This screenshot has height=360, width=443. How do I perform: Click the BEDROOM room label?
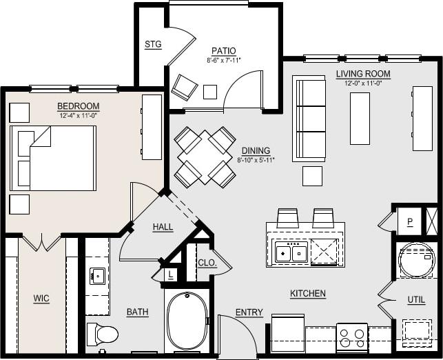(x=78, y=106)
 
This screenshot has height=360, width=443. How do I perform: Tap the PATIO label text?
(x=223, y=51)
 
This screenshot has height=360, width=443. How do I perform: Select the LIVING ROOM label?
(x=363, y=74)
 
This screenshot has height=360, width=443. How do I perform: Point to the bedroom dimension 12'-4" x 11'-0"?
(x=78, y=115)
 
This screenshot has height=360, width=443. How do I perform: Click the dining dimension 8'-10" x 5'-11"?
(x=256, y=160)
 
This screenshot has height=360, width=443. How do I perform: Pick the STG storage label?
(x=152, y=44)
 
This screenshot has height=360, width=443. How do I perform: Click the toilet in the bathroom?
(x=103, y=334)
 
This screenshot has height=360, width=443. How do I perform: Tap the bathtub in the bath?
(x=186, y=320)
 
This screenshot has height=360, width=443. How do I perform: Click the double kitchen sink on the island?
(x=290, y=252)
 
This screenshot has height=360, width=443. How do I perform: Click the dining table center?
(x=205, y=157)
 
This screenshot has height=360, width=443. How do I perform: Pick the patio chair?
(x=185, y=87)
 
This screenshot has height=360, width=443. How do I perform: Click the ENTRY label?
(x=249, y=312)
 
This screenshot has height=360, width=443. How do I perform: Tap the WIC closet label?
(x=41, y=299)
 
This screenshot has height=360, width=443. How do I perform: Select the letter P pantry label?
(x=409, y=222)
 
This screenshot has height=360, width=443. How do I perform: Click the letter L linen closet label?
(x=170, y=274)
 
